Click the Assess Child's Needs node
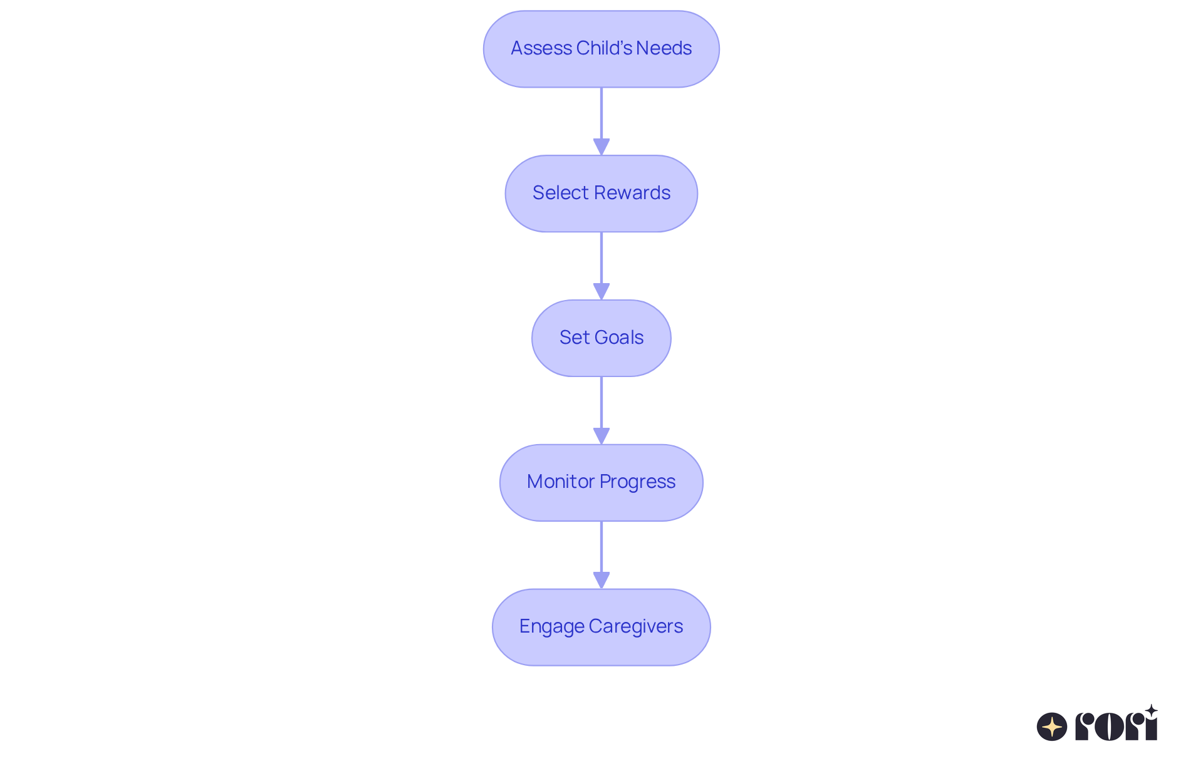click(x=601, y=49)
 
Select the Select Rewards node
click(x=601, y=194)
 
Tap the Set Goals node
click(x=601, y=338)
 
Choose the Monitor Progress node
click(x=601, y=482)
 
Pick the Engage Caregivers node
click(x=601, y=627)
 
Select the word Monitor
click(x=561, y=482)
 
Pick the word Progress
click(x=638, y=482)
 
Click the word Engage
click(x=552, y=626)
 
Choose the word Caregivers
click(x=636, y=626)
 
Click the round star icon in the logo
click(x=1052, y=727)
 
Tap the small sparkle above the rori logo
click(x=1151, y=711)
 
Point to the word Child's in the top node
click(x=603, y=48)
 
